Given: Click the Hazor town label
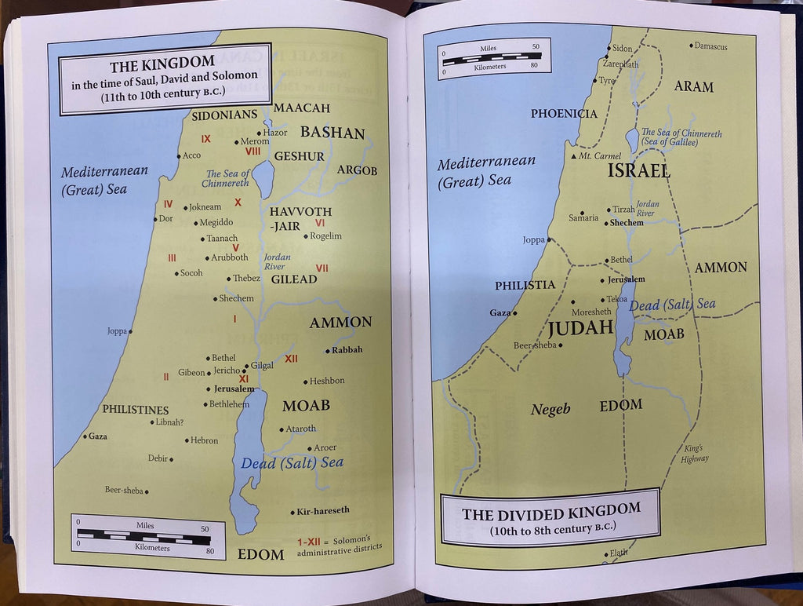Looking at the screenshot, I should click(275, 133).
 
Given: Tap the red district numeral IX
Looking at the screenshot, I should click(206, 139).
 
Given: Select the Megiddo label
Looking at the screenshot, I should click(216, 222).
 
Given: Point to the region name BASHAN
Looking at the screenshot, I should click(332, 132).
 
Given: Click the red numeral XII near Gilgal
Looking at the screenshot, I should click(291, 359).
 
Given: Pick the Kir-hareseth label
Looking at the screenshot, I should click(322, 510).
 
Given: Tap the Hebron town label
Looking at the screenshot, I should click(204, 440).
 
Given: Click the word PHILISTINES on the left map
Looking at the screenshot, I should click(135, 410).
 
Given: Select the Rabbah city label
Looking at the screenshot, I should click(347, 350).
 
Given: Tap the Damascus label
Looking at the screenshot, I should click(710, 46).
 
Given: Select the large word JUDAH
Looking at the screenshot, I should click(580, 328).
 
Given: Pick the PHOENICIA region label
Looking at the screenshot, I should click(564, 114).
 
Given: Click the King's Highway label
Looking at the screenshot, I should click(694, 453).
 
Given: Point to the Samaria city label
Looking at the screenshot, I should click(583, 217).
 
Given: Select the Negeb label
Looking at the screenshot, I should click(550, 409).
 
